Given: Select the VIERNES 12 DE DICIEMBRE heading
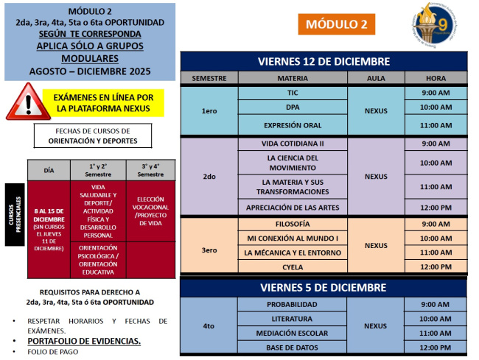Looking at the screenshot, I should coord(324,60).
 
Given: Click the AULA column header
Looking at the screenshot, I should coord(376,77).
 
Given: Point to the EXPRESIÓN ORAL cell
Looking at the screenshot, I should coord(293,125).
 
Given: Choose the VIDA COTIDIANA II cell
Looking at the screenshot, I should coord(293,144).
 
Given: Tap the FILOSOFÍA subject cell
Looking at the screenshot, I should coord(293,224).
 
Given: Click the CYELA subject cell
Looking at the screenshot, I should coord(293,267).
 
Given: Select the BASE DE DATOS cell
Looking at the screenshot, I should coord(293,347).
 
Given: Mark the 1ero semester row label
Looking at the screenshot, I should coord(209,110).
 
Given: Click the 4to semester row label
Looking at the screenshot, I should coord(209,325).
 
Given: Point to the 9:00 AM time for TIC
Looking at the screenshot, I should coord(436,93).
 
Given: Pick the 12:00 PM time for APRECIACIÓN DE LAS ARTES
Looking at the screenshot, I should coord(436,208).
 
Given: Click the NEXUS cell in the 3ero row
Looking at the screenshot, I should coord(376,246).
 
